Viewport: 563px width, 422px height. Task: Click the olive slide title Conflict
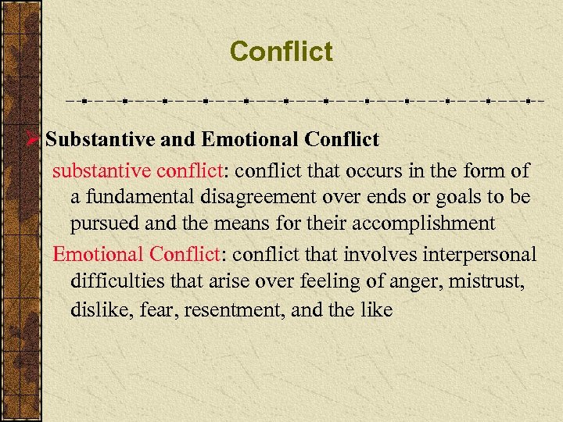coord(281,52)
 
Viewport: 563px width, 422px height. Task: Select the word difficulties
coord(116,281)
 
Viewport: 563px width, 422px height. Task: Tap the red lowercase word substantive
coord(102,170)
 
